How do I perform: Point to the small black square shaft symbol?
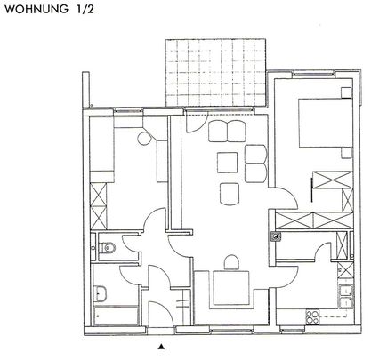tap(276, 236)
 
